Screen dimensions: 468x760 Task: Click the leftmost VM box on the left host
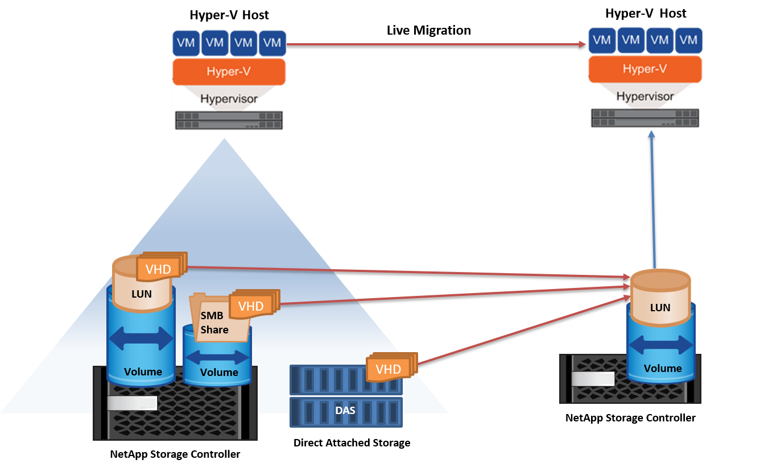point(186,43)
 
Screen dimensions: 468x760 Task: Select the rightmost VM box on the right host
point(688,40)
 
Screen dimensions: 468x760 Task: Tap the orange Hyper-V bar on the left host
point(229,72)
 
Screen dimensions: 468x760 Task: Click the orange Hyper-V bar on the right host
point(645,69)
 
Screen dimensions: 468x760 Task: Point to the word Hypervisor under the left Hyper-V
point(229,99)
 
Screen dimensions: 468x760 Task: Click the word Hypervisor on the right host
point(645,96)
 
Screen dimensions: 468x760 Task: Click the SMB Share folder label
point(214,323)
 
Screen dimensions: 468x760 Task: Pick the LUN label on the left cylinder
point(142,294)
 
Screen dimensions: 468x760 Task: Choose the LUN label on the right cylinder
point(660,307)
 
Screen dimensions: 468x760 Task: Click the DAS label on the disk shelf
point(345,410)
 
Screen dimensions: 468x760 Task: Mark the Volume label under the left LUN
point(143,371)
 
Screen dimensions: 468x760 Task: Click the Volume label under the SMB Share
point(219,372)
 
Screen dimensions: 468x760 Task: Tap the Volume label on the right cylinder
point(663,368)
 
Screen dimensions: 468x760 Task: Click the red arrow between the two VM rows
point(436,44)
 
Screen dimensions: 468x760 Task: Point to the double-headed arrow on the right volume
point(661,345)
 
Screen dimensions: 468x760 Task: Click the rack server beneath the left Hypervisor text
point(229,120)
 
